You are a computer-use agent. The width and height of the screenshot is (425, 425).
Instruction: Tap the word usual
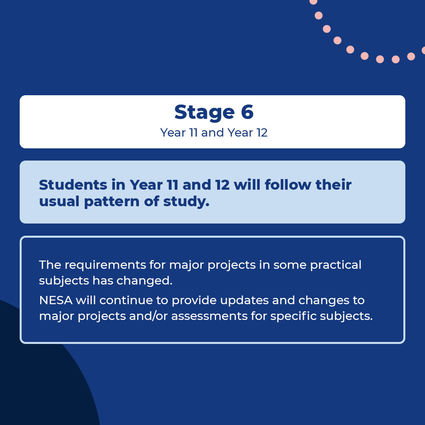coord(58,201)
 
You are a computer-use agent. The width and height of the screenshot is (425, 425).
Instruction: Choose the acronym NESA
coord(55,300)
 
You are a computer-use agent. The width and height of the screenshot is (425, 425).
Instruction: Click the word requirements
coord(105,265)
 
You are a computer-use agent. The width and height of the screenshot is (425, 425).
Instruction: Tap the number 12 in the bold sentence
coord(222,185)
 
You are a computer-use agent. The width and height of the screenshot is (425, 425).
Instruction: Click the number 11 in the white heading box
coord(192,133)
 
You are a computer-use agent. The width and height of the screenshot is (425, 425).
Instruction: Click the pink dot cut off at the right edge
coord(423,50)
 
